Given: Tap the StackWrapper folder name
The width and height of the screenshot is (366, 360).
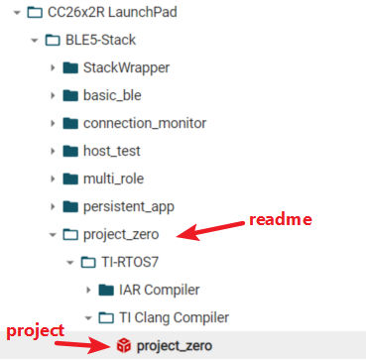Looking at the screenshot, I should point(126,68).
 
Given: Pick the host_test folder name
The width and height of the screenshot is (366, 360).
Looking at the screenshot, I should point(112,152).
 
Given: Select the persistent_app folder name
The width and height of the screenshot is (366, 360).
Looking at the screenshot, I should point(132,207).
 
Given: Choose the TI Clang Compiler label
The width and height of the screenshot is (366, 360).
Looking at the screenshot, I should point(173,318).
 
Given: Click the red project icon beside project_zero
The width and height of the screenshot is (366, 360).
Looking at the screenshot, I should point(123,345).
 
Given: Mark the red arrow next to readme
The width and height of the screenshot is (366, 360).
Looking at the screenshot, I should point(214,231).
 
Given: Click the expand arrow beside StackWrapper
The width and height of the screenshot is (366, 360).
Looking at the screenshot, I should point(52,68).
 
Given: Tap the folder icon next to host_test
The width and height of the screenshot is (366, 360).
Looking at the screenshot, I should point(69,152).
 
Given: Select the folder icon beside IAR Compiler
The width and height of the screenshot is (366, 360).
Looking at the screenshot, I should point(105,291).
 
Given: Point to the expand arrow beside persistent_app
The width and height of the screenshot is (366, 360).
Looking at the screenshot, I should point(52,207).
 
